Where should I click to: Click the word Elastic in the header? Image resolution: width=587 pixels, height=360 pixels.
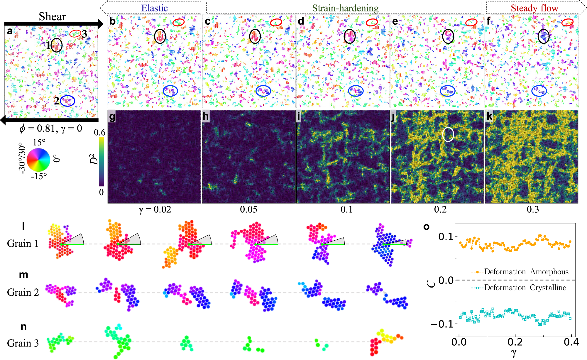155,8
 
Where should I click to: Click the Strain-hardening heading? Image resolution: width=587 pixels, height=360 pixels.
345,8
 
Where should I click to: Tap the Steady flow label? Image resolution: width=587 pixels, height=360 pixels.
534,8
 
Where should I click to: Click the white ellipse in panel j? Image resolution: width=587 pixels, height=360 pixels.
448,134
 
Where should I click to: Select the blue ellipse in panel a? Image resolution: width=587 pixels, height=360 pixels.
68,101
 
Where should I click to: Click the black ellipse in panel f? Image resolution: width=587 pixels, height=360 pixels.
544,36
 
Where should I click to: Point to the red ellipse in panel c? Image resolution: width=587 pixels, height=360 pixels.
276,22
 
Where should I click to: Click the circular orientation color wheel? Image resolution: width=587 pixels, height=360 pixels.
38,160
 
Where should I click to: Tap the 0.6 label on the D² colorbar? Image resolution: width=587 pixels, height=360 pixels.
100,133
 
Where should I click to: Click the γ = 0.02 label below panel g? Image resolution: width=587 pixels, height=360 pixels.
155,209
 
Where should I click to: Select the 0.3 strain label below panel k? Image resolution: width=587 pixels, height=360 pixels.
533,209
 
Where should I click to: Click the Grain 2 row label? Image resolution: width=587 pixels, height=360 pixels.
23,292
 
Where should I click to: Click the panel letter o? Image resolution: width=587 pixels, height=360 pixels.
426,227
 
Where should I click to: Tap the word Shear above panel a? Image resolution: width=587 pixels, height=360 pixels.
52,16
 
